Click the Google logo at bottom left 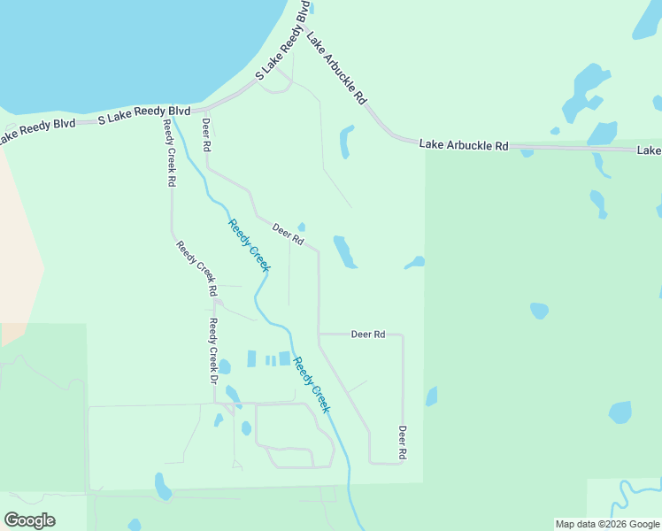30,520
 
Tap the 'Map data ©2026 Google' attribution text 606,524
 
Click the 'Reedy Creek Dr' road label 213,350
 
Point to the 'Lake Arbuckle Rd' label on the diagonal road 336,67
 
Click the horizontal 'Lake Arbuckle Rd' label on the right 464,144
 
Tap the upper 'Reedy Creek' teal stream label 250,244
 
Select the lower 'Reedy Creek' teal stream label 312,384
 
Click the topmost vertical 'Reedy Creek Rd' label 168,153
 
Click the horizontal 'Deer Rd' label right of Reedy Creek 368,335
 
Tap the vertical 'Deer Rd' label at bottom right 402,442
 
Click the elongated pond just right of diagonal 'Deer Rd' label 343,251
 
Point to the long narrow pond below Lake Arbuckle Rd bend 345,142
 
